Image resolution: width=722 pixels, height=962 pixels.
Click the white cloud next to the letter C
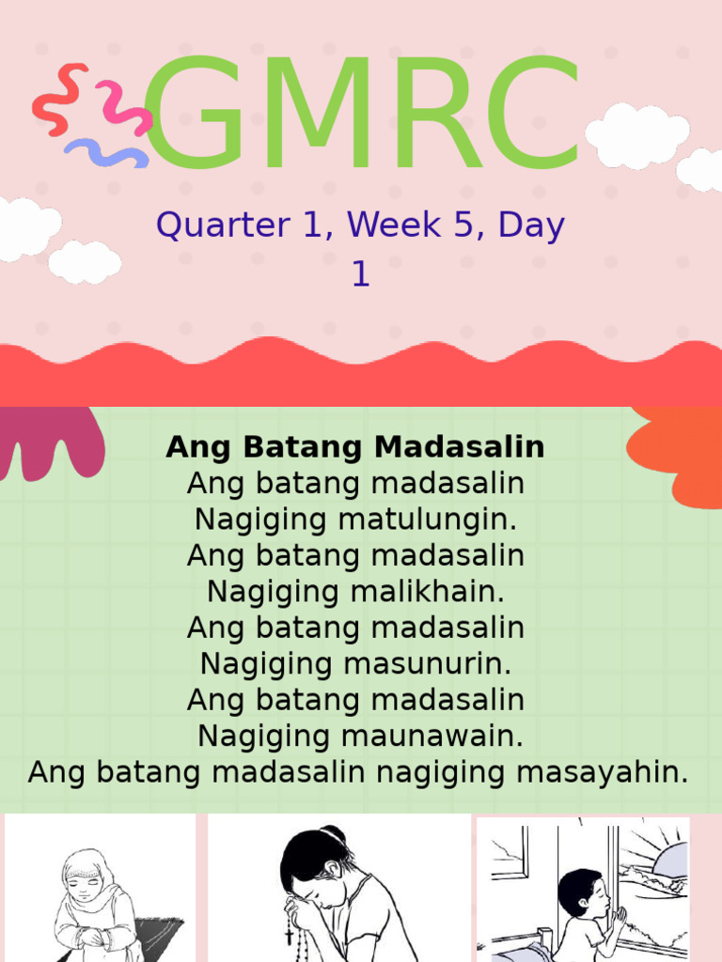636,136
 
